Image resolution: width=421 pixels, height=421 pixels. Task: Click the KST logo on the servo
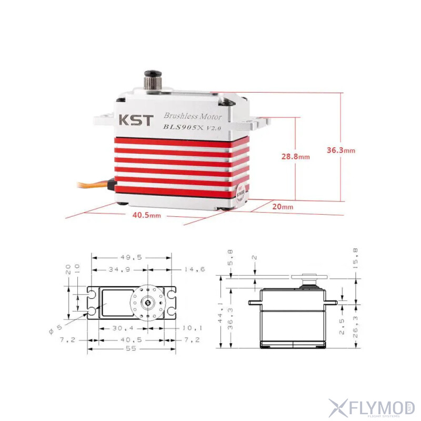point(134,120)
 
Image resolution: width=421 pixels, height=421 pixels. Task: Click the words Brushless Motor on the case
point(192,116)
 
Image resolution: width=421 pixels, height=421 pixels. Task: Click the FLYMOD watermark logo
point(372,407)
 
